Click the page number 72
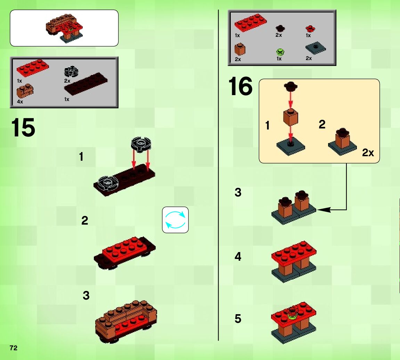[x=14, y=348]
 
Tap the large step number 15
[x=23, y=127]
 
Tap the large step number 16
[x=240, y=86]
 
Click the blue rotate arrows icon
[x=175, y=220]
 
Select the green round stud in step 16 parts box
[x=280, y=52]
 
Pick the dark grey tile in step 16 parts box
[x=316, y=48]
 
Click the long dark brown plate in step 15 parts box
[x=86, y=84]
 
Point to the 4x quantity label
[x=20, y=102]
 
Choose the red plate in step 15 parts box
[x=33, y=68]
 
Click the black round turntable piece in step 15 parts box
[x=71, y=72]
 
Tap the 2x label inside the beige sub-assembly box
[x=368, y=153]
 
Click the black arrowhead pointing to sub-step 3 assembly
[x=323, y=210]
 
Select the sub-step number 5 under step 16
[x=238, y=318]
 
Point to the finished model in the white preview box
[x=64, y=28]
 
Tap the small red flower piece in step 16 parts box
[x=310, y=28]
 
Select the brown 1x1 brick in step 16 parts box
[x=240, y=49]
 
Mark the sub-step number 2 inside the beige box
[x=322, y=124]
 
